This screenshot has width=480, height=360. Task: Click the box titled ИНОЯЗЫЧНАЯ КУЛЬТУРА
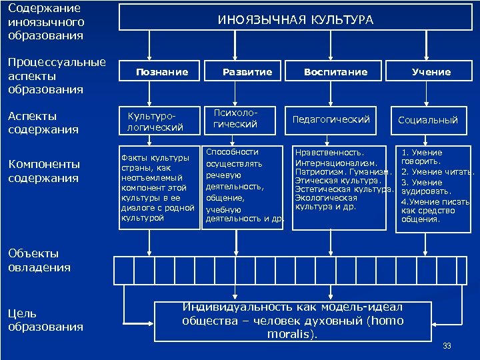tap(295, 20)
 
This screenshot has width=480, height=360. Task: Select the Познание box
tap(162, 72)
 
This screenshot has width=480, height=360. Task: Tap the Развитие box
tap(247, 72)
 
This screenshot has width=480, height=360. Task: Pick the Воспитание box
tap(335, 72)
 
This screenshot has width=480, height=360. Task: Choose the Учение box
tap(431, 72)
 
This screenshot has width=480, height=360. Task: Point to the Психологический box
tap(235, 119)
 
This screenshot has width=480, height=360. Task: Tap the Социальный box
tap(428, 120)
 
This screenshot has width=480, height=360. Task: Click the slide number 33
tap(447, 345)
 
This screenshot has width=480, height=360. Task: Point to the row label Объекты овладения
tap(39, 260)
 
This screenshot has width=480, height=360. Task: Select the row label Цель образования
tap(45, 319)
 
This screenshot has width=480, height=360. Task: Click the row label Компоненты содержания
tap(44, 171)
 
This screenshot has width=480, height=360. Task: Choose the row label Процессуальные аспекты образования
tap(56, 75)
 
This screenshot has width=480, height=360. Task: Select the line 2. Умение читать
tap(437, 172)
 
